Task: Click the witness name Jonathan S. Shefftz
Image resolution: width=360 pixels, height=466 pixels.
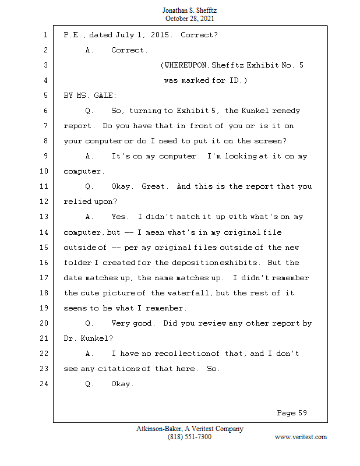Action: coord(190,11)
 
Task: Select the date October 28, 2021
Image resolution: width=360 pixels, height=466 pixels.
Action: coord(190,19)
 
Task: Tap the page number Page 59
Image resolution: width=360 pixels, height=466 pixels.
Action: coord(291,413)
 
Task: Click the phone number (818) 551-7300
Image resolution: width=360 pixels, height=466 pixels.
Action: coord(189,437)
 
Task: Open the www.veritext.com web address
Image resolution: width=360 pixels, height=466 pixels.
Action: coord(300,437)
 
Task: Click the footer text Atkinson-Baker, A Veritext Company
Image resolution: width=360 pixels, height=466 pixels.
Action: coord(189,429)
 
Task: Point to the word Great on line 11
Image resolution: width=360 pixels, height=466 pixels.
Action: coord(154,186)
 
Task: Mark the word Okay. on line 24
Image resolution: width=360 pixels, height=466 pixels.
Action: coord(122,384)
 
